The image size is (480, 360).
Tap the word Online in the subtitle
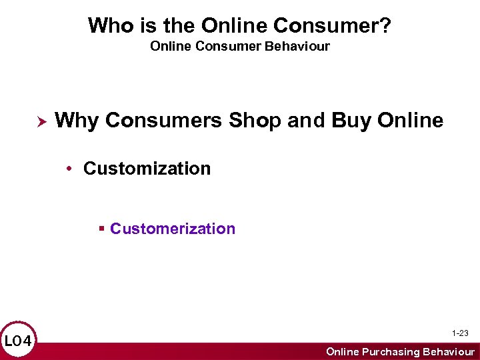[168, 47]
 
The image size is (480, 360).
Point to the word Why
[77, 121]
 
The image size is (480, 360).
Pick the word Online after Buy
[410, 121]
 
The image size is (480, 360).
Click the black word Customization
[147, 169]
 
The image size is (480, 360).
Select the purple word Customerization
[173, 229]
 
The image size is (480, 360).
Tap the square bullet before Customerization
[102, 229]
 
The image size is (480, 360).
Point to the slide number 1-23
[460, 333]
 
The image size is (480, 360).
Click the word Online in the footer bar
[342, 351]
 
